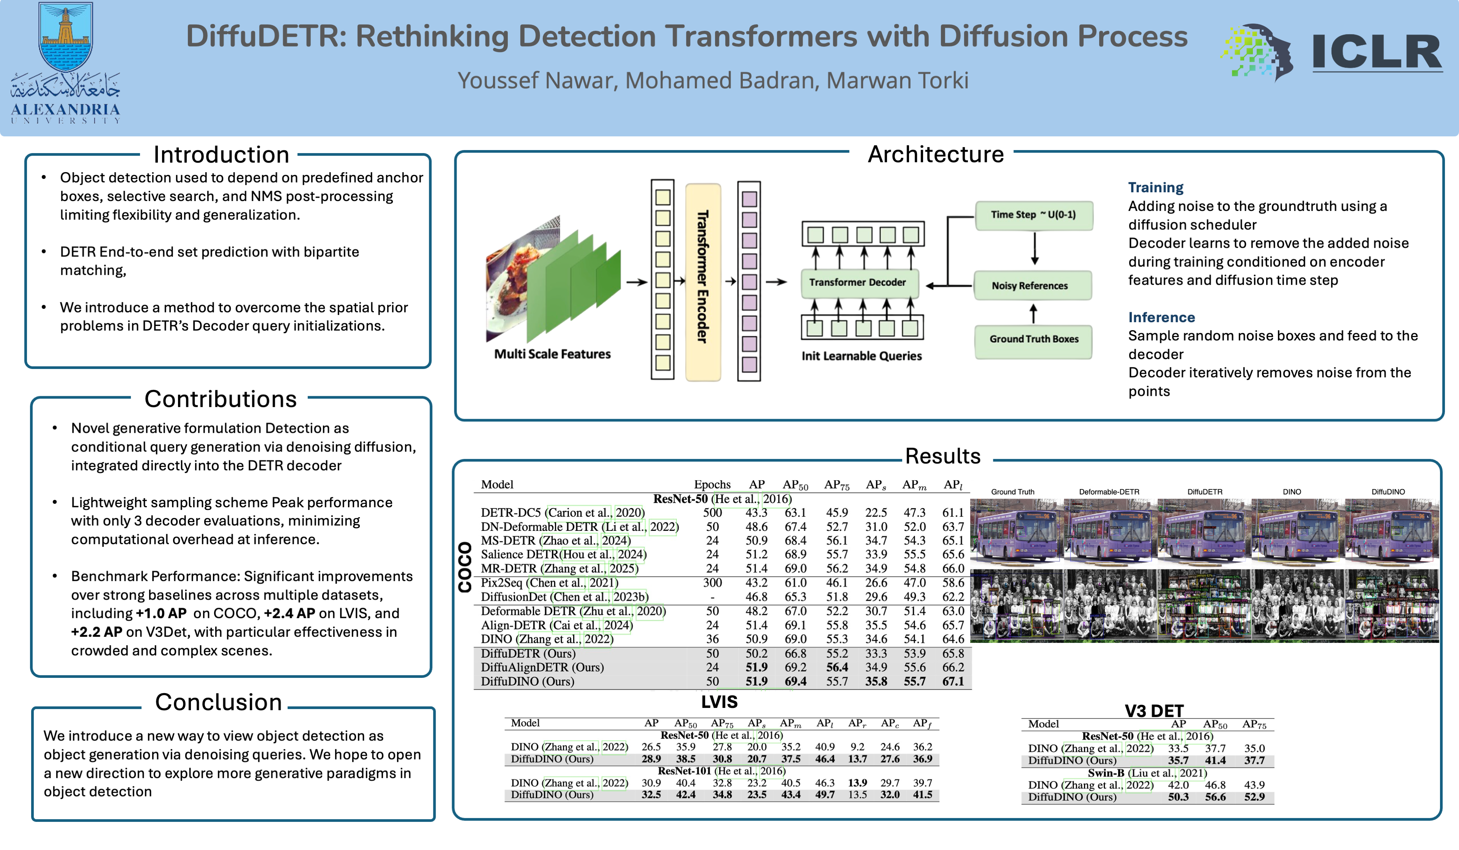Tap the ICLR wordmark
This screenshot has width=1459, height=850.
click(1376, 52)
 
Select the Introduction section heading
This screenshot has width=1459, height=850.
click(221, 155)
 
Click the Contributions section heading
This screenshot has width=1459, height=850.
click(221, 399)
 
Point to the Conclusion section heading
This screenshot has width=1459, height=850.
click(218, 702)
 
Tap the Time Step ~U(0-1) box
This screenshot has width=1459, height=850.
click(1034, 215)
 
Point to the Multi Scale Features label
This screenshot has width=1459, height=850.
click(552, 354)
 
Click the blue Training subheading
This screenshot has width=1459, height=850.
click(1156, 188)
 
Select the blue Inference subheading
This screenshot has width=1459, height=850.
click(1161, 318)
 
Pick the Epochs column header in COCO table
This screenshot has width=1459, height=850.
click(712, 484)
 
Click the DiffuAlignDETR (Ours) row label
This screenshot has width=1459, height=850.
click(542, 668)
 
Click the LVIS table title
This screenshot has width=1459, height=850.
click(719, 702)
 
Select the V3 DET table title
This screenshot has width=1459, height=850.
click(1153, 711)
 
